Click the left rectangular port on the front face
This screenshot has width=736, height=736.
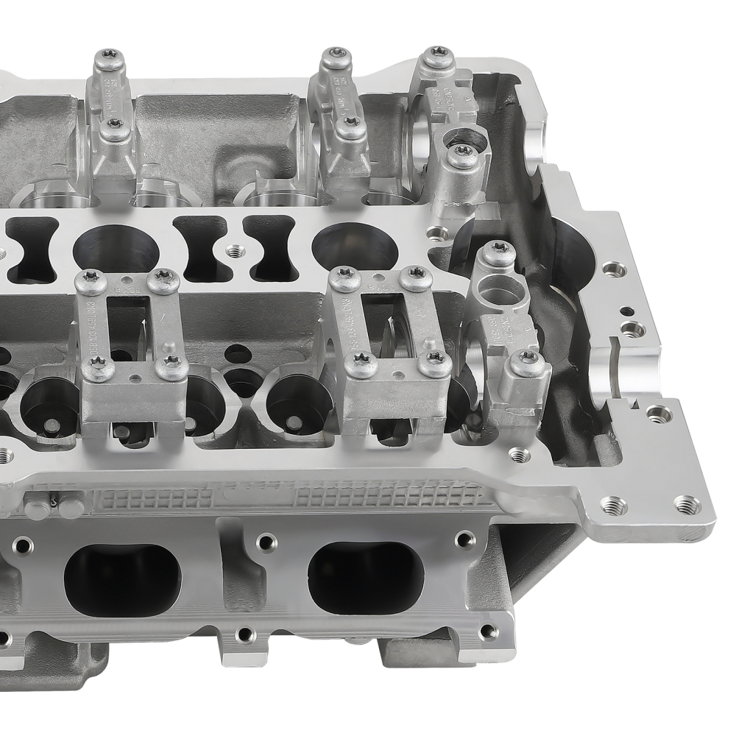coord(122,580)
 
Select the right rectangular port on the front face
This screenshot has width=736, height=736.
coord(366,578)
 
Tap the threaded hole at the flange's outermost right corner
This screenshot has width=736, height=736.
coord(687,505)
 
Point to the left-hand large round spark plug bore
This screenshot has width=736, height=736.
coord(116,246)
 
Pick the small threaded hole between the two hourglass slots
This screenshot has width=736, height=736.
coord(235,251)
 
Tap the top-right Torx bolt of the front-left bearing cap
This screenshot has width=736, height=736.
coord(163,280)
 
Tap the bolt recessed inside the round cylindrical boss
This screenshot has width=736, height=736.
coord(463,153)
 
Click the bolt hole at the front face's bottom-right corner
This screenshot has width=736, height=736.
coord(486,631)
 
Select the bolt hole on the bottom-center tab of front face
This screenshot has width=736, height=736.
coord(244,634)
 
